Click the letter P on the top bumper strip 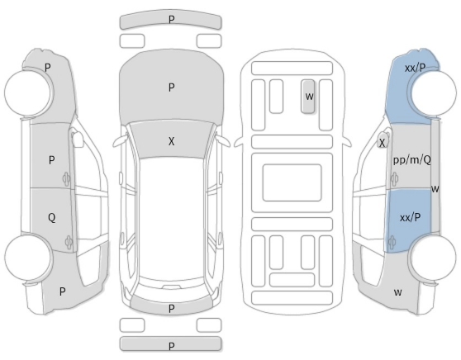tap(171, 19)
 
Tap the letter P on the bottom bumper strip tap(171, 346)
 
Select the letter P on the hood tap(171, 88)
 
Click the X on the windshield tap(171, 141)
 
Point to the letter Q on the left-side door tap(51, 218)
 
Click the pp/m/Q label tap(412, 160)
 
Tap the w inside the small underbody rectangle tap(309, 97)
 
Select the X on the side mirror tap(382, 143)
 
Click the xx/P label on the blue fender tap(415, 69)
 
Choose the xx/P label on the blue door tap(410, 218)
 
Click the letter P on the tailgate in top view tap(171, 309)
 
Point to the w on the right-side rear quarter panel tap(397, 292)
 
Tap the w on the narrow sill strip tap(435, 189)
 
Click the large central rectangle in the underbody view tap(292, 182)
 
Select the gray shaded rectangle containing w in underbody tap(308, 97)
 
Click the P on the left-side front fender tap(48, 68)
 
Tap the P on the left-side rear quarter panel tap(62, 291)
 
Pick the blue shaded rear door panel tap(409, 220)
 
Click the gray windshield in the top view tap(171, 140)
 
